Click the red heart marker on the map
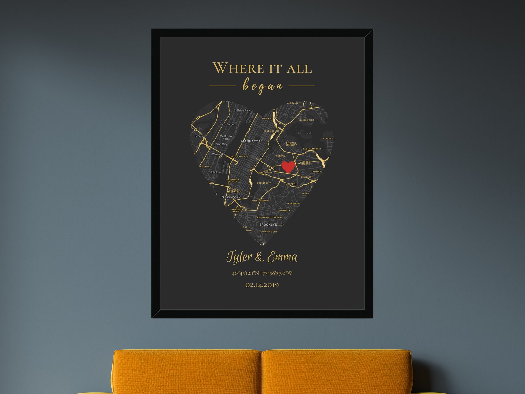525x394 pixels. click(x=288, y=167)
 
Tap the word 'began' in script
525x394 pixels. click(x=262, y=86)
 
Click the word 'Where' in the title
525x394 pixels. click(x=238, y=68)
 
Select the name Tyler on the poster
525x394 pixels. click(x=239, y=257)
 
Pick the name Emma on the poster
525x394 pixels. click(x=282, y=257)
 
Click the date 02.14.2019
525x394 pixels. click(x=262, y=285)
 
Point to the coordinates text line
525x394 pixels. click(x=262, y=273)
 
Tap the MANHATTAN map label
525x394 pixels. click(x=252, y=141)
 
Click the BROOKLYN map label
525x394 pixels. click(x=268, y=225)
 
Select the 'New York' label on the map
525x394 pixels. click(x=231, y=197)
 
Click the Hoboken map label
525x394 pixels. click(x=215, y=172)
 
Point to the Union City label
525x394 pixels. click(x=220, y=144)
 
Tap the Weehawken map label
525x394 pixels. click(x=219, y=154)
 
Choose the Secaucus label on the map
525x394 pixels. click(x=200, y=136)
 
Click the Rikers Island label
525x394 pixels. click(x=303, y=133)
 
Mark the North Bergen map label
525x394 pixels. click(x=227, y=124)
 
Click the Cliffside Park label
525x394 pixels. click(x=242, y=110)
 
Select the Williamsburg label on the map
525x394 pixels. click(x=261, y=201)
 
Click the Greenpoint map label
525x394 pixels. click(x=264, y=183)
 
